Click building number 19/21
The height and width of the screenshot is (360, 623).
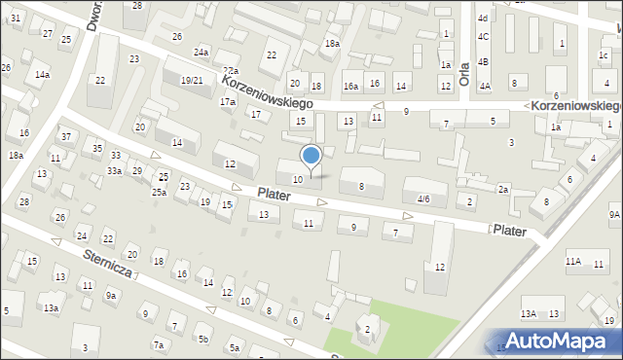(193, 80)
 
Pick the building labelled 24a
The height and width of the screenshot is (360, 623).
(202, 52)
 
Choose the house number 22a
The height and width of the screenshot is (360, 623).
(230, 71)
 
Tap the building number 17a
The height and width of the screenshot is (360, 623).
(228, 101)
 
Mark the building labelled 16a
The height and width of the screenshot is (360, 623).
(351, 87)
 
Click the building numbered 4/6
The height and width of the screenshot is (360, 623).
(422, 198)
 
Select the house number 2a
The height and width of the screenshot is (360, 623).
(503, 189)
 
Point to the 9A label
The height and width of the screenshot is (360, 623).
(614, 214)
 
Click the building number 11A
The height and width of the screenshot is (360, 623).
(573, 261)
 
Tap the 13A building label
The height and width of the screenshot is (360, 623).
(529, 313)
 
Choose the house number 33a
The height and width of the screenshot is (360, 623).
(114, 171)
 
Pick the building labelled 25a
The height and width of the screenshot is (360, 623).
(159, 192)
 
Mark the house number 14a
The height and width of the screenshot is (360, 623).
(42, 74)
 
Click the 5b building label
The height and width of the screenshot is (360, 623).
(203, 339)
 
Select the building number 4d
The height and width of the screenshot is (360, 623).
(482, 18)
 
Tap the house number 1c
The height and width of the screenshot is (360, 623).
(604, 54)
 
